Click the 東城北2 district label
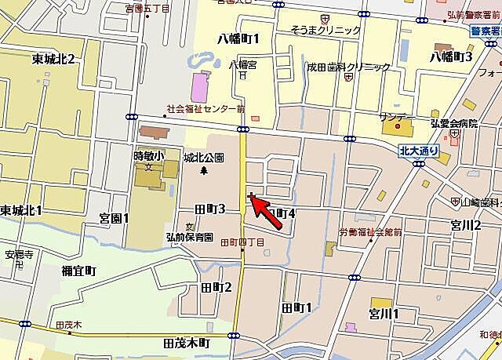54,60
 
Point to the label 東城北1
21,210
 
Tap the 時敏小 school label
147,155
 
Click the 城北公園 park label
204,157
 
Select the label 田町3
210,209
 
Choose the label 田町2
217,288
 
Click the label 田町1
296,307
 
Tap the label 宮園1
114,218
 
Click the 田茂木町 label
187,344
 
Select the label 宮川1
384,315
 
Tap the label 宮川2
465,225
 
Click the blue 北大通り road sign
417,151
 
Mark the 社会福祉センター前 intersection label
206,110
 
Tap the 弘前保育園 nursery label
189,236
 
